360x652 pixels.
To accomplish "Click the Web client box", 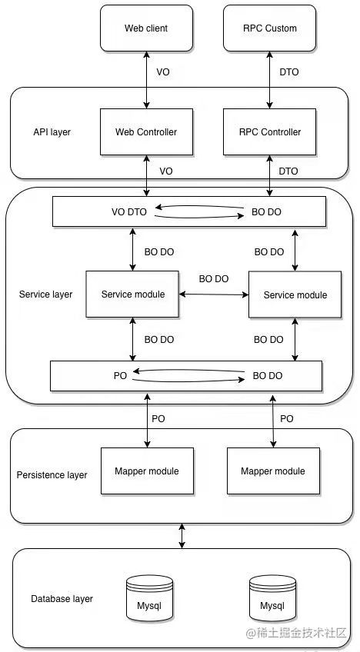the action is coord(146,28).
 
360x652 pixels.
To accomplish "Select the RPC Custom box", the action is coord(270,28).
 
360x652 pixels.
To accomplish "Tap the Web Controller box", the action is coord(146,131).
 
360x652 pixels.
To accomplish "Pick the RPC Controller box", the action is coord(270,131).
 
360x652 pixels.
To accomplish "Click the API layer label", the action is coord(52,132).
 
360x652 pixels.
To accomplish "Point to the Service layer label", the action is coord(46,294).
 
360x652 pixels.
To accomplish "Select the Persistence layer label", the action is coord(52,475).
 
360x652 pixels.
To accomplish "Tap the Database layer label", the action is coord(62,599).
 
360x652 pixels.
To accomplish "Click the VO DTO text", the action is coord(129,212).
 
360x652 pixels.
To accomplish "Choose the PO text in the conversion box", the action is coord(120,376).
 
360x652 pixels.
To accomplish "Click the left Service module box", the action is coord(133,294).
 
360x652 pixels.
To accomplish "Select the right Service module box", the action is coord(295,294).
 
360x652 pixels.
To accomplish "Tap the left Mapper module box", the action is coord(148,471).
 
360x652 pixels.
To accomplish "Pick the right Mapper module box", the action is coord(273,471).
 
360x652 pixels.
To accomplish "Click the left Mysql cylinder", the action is coord(149,598).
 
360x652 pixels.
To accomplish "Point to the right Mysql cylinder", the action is coord(272,598).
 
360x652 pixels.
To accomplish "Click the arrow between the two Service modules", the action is coord(214,294).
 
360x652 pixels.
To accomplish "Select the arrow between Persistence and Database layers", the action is coord(182,536).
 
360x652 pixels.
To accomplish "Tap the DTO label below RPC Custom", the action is coord(288,72).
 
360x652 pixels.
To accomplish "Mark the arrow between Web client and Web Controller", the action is coord(146,80).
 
